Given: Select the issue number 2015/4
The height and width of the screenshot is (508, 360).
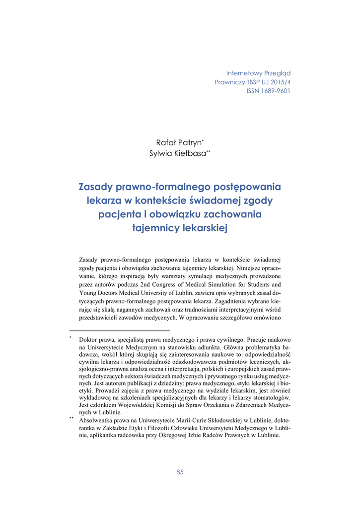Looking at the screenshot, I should click(x=279, y=82).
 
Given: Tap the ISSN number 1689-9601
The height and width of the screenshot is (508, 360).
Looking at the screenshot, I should click(x=276, y=91).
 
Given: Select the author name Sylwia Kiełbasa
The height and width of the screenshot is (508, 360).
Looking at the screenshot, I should click(x=177, y=153).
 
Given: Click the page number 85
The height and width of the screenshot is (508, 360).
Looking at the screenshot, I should click(x=180, y=472).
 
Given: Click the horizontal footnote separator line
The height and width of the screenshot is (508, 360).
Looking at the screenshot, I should click(x=119, y=330).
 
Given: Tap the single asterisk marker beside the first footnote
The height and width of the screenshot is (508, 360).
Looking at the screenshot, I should click(x=71, y=338).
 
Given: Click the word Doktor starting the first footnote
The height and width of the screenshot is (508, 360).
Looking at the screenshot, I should click(x=89, y=341).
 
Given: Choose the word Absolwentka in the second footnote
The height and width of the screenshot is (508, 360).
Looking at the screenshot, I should click(x=97, y=420).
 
